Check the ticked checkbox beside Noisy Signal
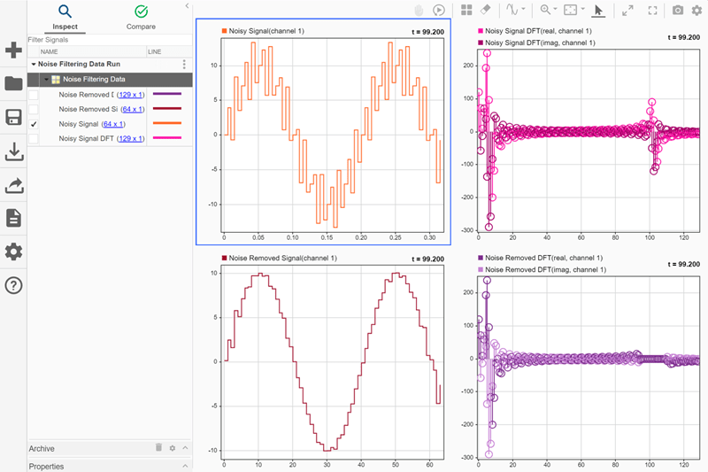[x=34, y=124]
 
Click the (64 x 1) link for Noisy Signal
[x=113, y=124]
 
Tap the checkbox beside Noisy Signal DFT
[x=34, y=139]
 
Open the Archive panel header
[x=42, y=449]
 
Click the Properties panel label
[x=46, y=466]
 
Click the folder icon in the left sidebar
[x=13, y=84]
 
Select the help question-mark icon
[x=13, y=285]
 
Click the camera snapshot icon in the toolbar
[x=678, y=10]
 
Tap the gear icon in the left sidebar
[x=13, y=251]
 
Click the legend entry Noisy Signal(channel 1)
[x=265, y=31]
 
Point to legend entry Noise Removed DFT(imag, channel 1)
[x=545, y=268]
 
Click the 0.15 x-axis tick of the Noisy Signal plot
[x=327, y=238]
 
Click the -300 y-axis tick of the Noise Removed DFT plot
[x=467, y=458]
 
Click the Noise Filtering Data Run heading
[x=79, y=65]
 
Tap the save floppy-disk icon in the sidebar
[x=13, y=118]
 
